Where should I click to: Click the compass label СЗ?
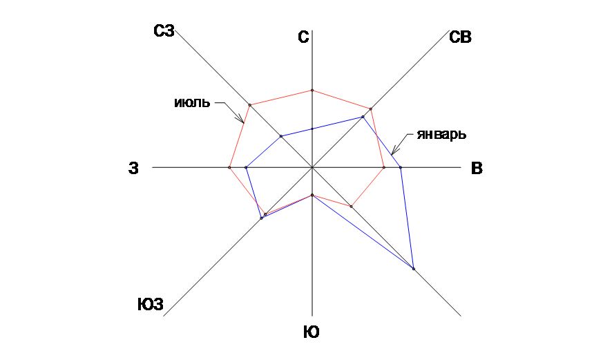click(x=164, y=30)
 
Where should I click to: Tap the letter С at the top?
click(x=303, y=38)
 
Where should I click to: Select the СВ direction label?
click(x=460, y=38)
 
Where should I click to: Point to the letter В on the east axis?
click(x=477, y=168)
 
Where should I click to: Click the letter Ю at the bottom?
click(x=312, y=333)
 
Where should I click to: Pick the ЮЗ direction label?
click(x=150, y=305)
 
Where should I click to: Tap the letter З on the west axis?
click(x=134, y=168)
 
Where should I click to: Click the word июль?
click(x=191, y=104)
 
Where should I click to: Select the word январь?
click(x=437, y=134)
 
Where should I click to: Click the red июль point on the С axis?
click(x=312, y=91)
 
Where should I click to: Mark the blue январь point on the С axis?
click(x=312, y=129)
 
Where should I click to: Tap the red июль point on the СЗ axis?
click(x=250, y=105)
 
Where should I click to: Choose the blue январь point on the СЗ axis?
click(x=281, y=136)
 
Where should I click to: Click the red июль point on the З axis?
click(x=229, y=167)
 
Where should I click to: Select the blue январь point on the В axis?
click(x=400, y=167)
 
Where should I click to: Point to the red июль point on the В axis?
click(x=384, y=167)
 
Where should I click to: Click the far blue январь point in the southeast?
click(x=413, y=268)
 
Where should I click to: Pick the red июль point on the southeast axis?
click(x=351, y=206)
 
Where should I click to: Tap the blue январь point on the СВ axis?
click(x=363, y=117)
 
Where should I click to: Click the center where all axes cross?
click(x=312, y=167)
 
